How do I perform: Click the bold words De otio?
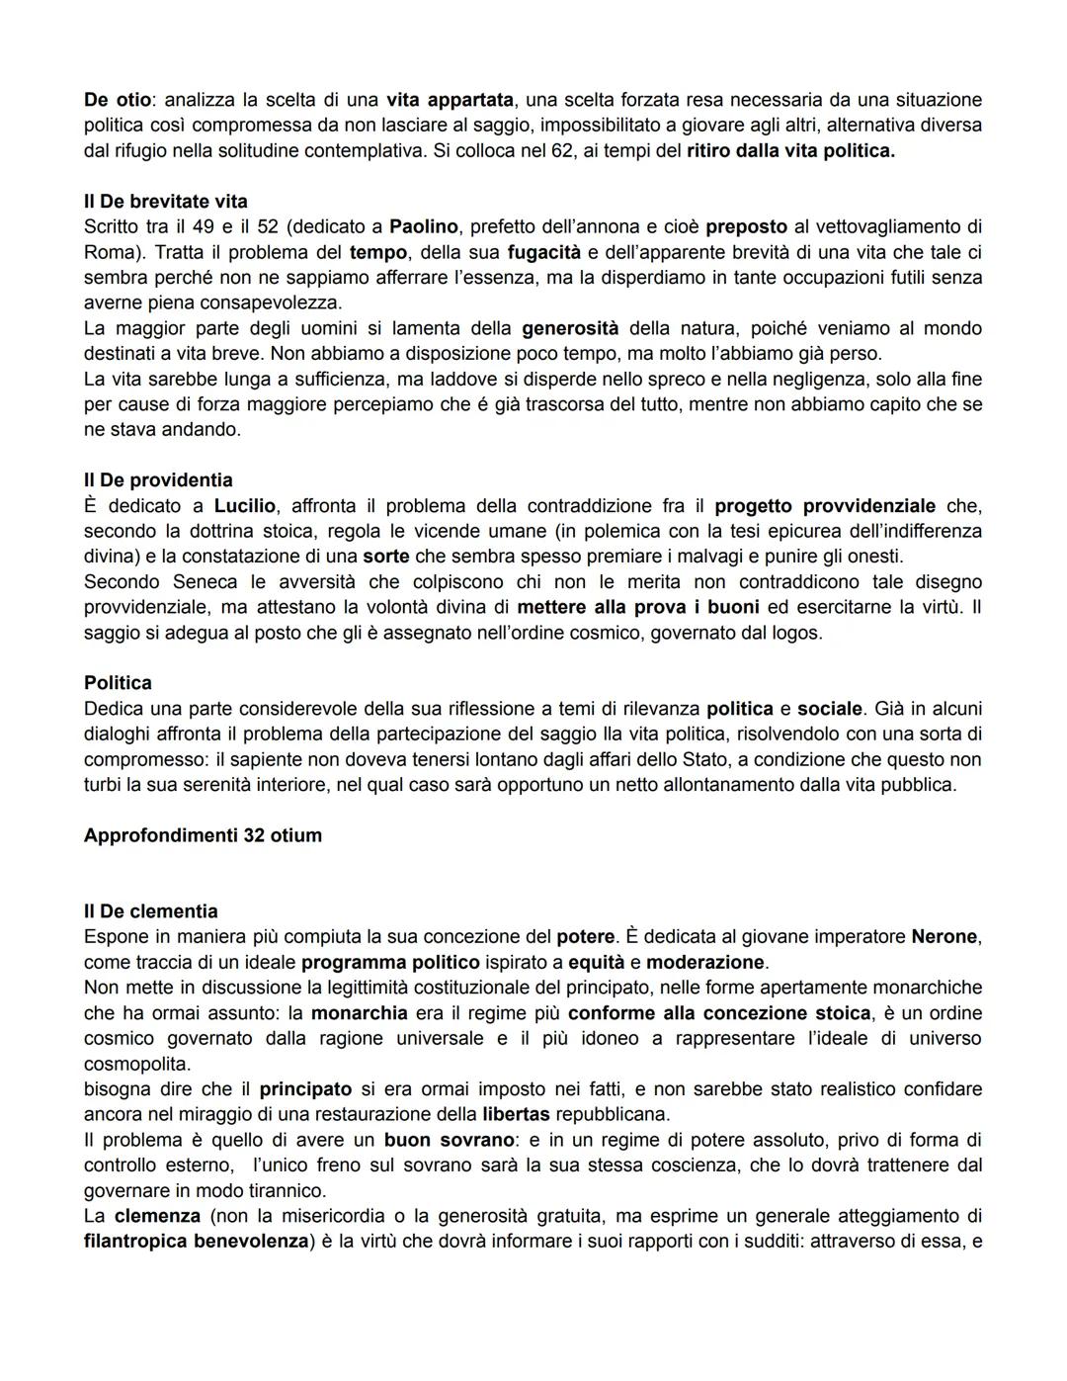click(118, 100)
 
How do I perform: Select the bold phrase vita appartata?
click(450, 100)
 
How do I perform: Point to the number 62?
click(562, 151)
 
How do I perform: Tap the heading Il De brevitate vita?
click(165, 202)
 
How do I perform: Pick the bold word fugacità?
click(544, 252)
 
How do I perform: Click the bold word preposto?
click(746, 226)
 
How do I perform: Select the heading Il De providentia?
click(158, 480)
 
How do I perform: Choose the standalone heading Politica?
click(118, 683)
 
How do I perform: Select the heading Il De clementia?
click(150, 911)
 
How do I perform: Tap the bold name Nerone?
click(945, 936)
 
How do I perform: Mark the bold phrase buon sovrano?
click(450, 1140)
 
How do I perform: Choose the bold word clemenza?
click(157, 1216)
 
